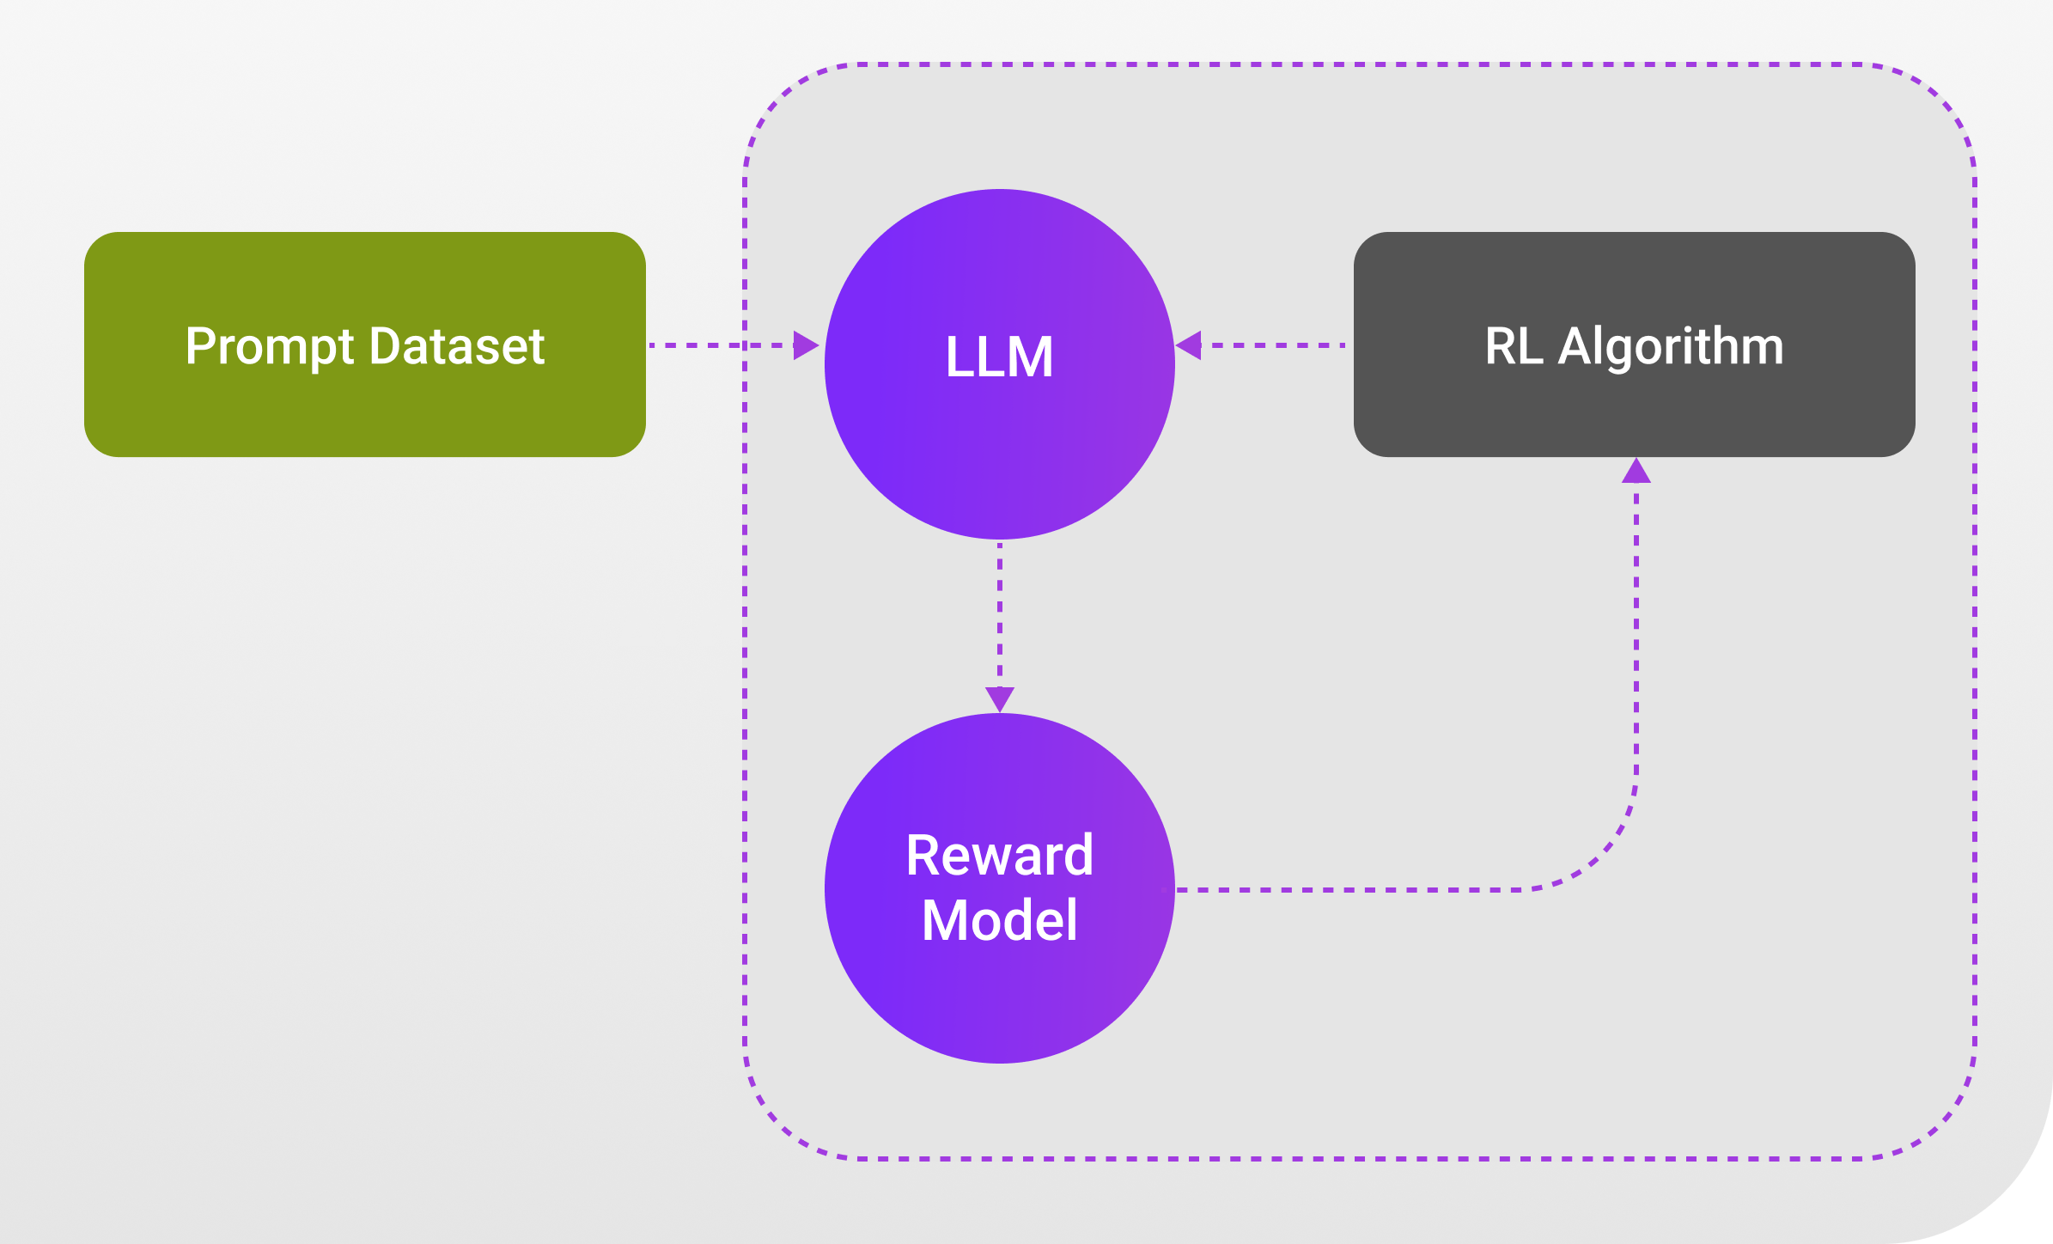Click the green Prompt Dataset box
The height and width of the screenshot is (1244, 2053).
click(365, 345)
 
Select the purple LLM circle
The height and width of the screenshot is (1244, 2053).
click(1000, 364)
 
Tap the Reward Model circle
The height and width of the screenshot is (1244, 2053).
click(1000, 888)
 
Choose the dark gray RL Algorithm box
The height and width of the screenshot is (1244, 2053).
click(1635, 345)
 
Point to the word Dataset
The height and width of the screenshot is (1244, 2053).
click(458, 346)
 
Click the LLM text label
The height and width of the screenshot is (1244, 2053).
click(1000, 357)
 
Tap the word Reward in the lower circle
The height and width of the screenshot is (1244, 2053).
click(1000, 856)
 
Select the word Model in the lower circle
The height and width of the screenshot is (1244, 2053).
click(1000, 920)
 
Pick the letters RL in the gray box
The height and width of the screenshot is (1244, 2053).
click(1514, 346)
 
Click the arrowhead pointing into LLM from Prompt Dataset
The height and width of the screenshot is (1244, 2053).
click(807, 345)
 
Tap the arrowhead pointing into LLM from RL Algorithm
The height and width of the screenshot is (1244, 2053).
click(1188, 345)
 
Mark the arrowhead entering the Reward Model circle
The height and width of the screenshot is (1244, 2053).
click(1000, 699)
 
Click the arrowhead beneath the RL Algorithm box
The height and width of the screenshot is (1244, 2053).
click(1636, 470)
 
